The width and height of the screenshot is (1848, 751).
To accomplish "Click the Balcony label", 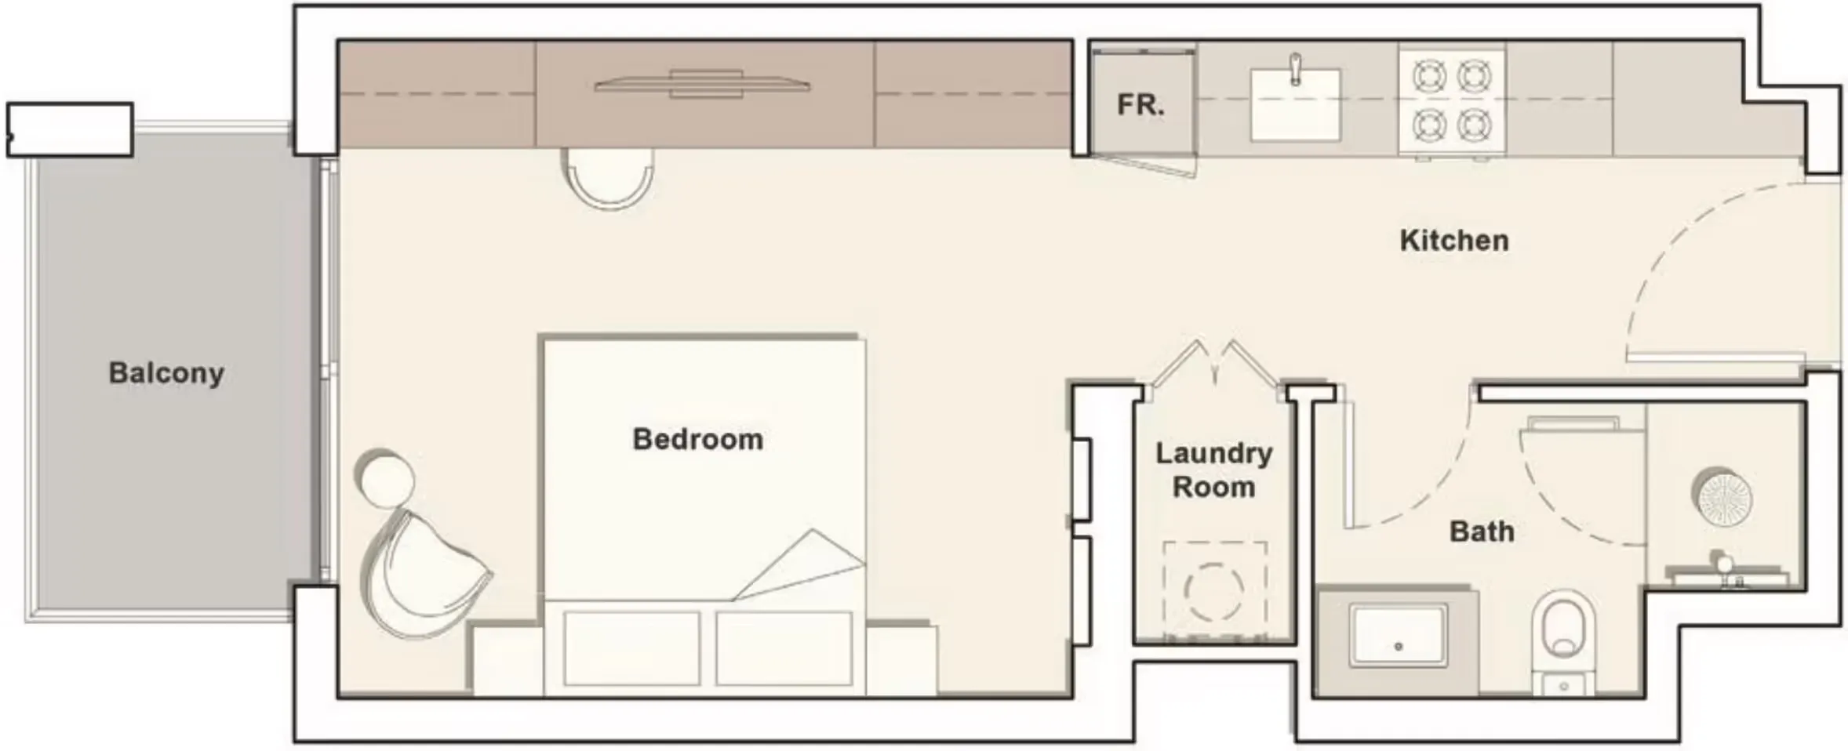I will pos(166,373).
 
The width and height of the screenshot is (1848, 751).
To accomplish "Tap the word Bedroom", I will pos(697,439).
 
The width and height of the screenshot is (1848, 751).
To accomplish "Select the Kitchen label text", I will pos(1453,241).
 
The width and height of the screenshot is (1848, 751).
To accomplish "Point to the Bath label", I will pos(1481,532).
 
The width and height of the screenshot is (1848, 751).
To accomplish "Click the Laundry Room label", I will pos(1213,470).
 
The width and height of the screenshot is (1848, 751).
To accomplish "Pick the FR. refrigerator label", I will pos(1140,105).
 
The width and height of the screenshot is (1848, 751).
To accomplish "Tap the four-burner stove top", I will pos(1451,100).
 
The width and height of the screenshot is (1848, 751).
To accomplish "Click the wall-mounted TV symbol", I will pos(703,85).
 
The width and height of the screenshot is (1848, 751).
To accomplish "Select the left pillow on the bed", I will pos(631,648).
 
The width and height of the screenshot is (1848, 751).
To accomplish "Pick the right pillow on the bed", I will pos(783,648).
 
